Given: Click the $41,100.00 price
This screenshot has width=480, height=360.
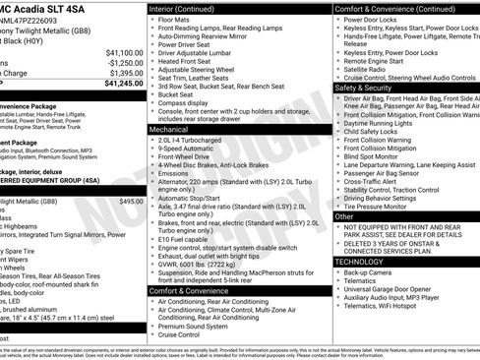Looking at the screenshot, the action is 124,52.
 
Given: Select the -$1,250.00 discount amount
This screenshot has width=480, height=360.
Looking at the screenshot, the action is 124,62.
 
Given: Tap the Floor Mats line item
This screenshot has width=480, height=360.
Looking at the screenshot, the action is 178,19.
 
